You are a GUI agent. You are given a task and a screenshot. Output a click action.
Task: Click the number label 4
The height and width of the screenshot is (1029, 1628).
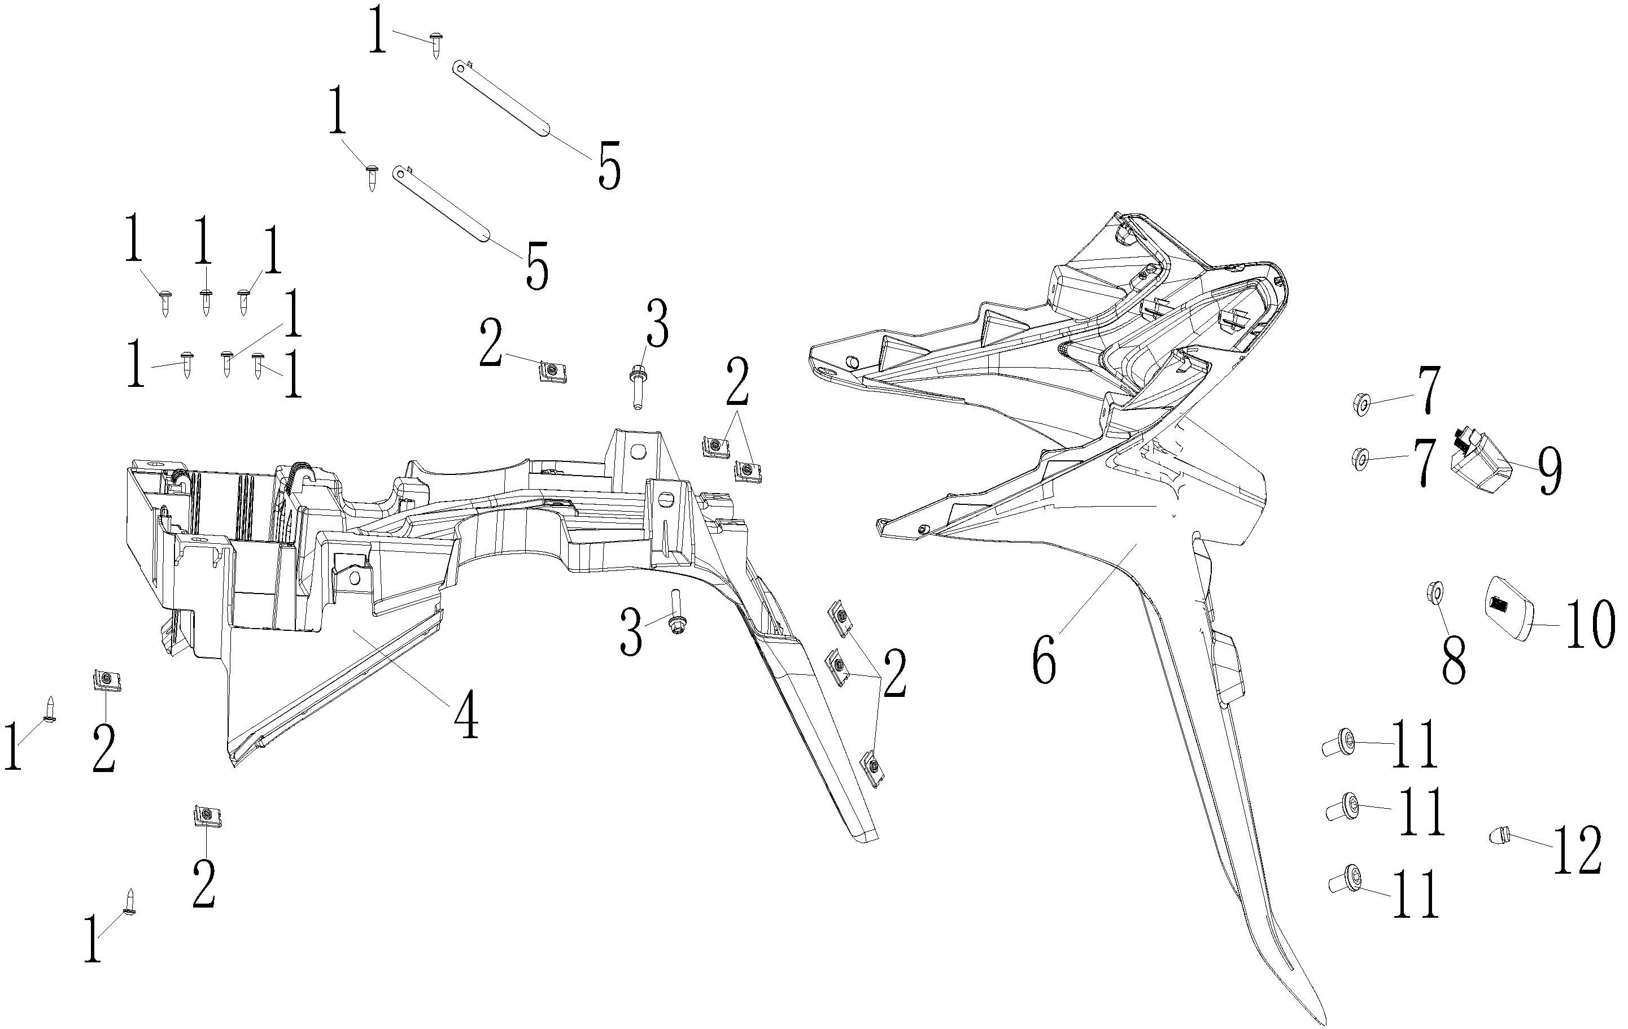coord(466,717)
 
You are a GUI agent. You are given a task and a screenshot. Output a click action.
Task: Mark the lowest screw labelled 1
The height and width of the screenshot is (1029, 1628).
coord(130,901)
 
